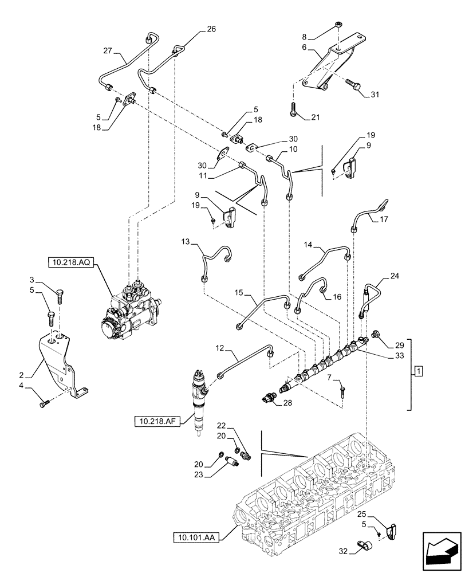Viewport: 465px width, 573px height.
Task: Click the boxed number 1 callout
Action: tap(419, 372)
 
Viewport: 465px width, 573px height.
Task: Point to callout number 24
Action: tap(395, 276)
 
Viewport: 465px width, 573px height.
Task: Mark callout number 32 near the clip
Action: tap(343, 552)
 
